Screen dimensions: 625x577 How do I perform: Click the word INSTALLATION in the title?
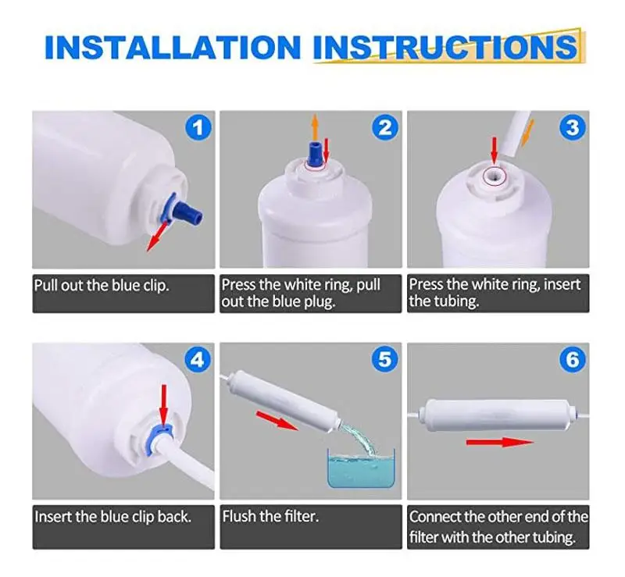coord(173,48)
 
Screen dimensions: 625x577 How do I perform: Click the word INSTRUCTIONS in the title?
coord(445,48)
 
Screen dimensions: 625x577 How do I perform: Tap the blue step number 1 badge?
coord(198,127)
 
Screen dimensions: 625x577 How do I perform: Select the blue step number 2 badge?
coord(385,127)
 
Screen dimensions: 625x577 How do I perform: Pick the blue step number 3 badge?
coord(573,127)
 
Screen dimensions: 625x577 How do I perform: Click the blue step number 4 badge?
coord(198,360)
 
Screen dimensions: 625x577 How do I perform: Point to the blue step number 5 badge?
coord(385,359)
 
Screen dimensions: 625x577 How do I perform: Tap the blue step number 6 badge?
coord(573,359)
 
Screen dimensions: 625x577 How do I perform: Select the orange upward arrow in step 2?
coord(315,126)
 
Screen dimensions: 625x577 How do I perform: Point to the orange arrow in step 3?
coord(528,133)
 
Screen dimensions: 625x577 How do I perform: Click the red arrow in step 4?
coord(163,405)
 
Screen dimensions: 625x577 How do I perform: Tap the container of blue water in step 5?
coord(360,468)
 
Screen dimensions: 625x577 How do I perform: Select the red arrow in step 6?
coord(500,442)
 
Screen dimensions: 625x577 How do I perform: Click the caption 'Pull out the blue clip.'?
coord(102,285)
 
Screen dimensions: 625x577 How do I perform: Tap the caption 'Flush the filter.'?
coord(270,516)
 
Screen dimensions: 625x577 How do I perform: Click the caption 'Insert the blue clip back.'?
coord(112,517)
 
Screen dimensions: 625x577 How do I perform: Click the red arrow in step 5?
coord(277,421)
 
